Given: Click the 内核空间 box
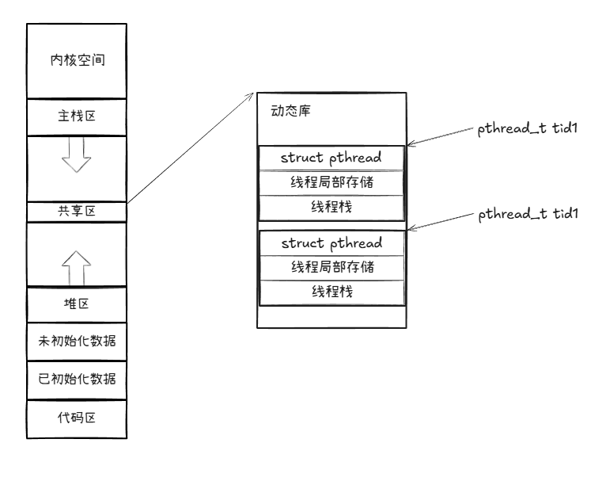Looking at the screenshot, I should [x=76, y=60].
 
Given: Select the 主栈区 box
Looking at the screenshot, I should [x=76, y=116].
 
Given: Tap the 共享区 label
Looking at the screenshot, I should [x=76, y=212].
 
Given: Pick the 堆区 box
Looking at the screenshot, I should [x=76, y=304].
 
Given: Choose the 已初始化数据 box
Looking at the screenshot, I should [x=76, y=380].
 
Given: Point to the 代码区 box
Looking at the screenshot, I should [x=76, y=418].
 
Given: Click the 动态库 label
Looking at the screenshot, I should [x=286, y=111].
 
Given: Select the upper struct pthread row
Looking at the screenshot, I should [x=332, y=157].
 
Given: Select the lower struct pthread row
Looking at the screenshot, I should [x=332, y=242].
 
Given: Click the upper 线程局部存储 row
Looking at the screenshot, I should [x=332, y=182].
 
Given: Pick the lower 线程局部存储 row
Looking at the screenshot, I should [x=332, y=267].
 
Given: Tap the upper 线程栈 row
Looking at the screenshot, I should [x=332, y=207].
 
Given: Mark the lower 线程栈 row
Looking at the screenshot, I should [x=332, y=292].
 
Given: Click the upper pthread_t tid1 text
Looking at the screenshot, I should [x=525, y=129].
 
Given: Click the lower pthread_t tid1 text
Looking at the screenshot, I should [x=525, y=215].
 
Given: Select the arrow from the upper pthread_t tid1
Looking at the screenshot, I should [x=439, y=137].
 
